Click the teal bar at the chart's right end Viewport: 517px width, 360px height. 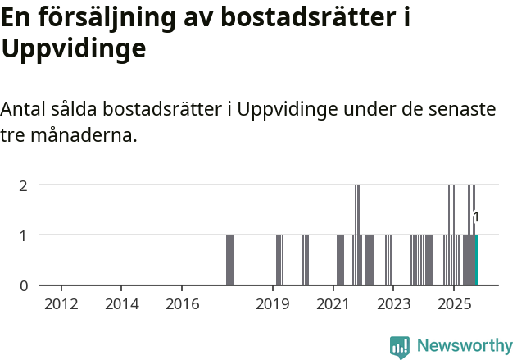[x=476, y=260]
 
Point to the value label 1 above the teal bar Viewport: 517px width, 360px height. [x=476, y=217]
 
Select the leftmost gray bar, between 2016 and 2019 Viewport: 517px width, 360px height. [x=229, y=260]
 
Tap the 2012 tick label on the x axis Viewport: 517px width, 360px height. [x=61, y=304]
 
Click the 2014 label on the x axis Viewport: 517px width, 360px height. [x=122, y=304]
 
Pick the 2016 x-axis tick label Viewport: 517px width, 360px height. [x=182, y=304]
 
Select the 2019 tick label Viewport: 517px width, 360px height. [x=273, y=304]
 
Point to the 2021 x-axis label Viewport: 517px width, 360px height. [x=333, y=304]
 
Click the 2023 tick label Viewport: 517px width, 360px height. [x=393, y=304]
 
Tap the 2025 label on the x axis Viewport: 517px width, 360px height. [x=454, y=304]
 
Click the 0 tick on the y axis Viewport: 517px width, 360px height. [x=24, y=285]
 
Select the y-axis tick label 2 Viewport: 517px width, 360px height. [x=24, y=185]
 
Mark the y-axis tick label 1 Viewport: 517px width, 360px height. [x=24, y=235]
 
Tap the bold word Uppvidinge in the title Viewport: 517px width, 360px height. [x=74, y=48]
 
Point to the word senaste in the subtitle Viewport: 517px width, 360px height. [x=460, y=109]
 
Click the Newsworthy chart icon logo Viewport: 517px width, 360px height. [x=400, y=346]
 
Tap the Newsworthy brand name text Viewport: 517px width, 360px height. [x=464, y=346]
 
